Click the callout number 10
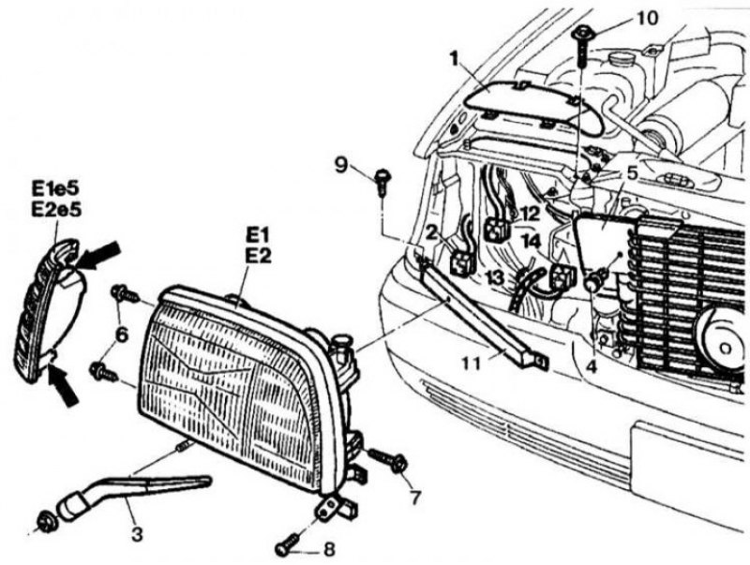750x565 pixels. click(620, 17)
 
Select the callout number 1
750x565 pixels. click(453, 59)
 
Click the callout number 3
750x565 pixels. click(137, 535)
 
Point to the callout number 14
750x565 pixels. click(531, 241)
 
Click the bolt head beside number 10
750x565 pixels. click(581, 37)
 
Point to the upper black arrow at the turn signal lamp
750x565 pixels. click(99, 253)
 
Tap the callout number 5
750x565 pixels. click(632, 172)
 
